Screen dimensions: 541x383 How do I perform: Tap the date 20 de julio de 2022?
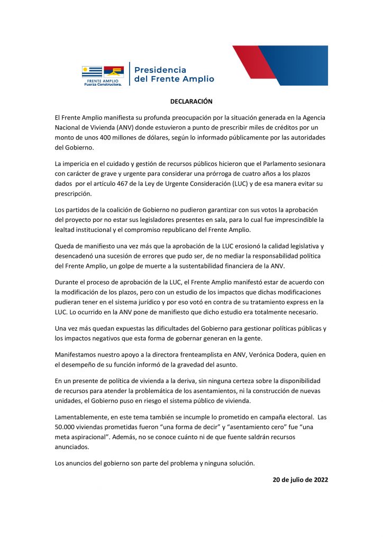300,480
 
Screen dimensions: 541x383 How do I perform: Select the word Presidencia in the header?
161,70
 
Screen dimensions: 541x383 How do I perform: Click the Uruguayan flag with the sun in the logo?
92,71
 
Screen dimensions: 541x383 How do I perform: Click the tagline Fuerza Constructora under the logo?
103,84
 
